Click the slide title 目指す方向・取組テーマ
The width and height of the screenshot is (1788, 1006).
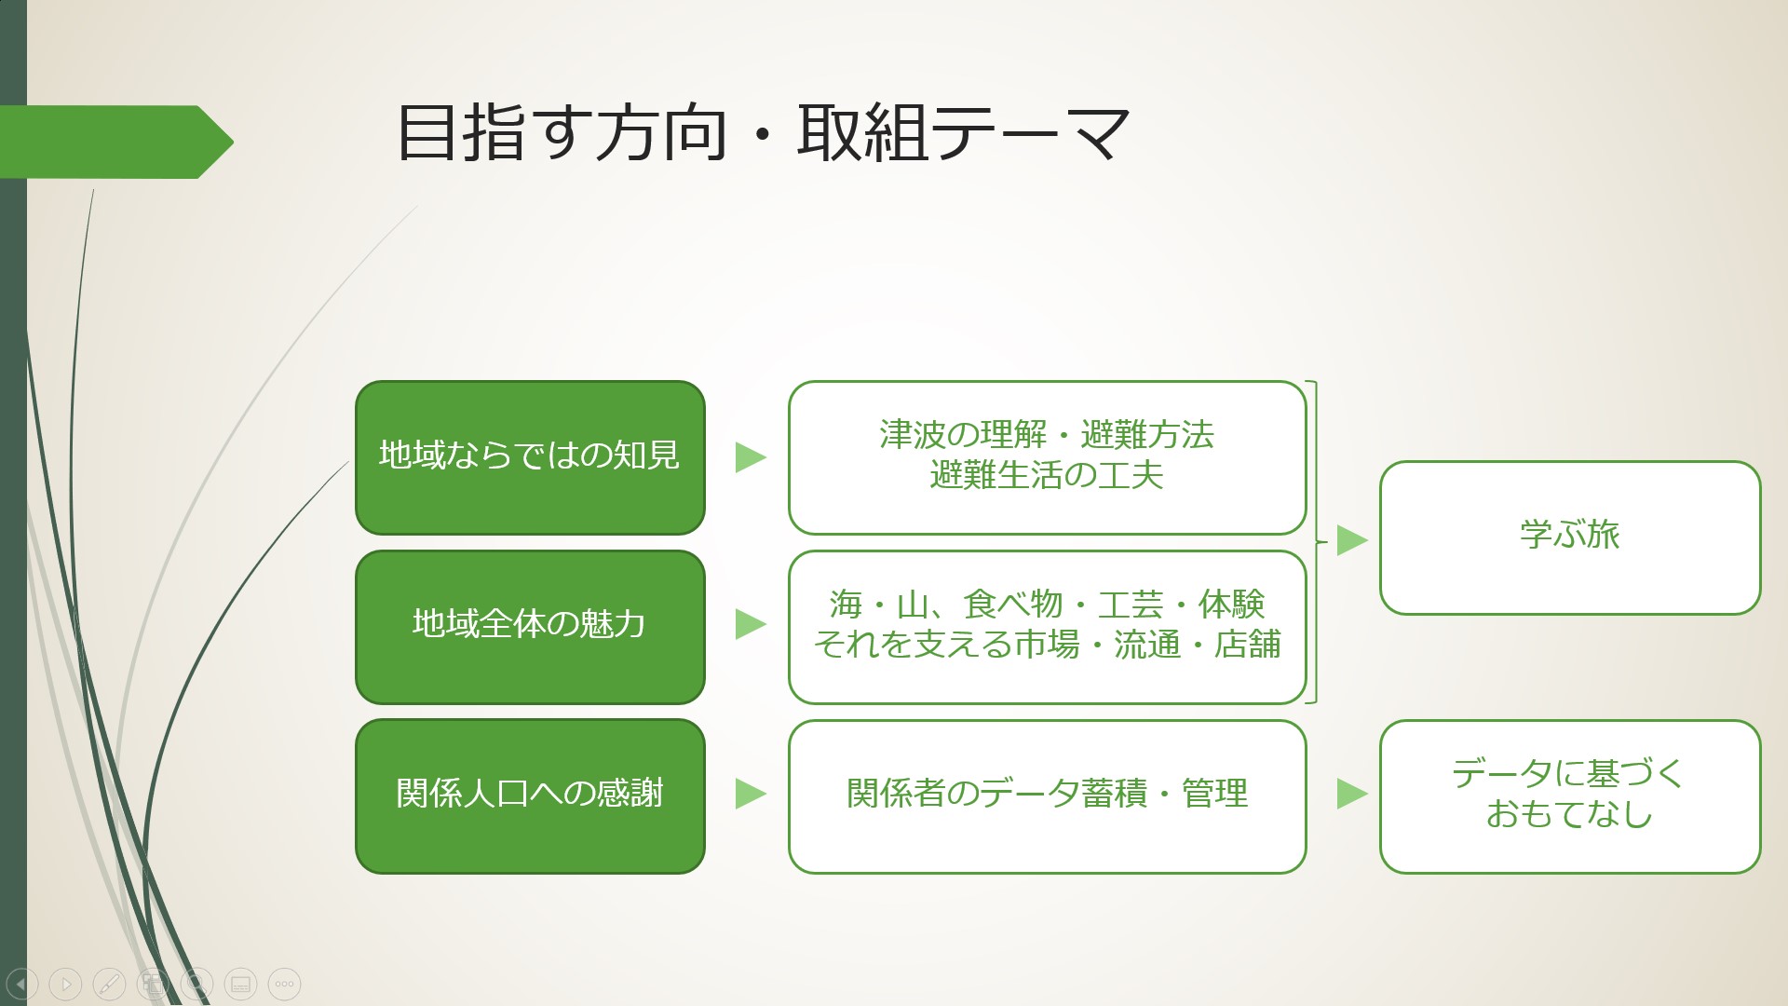click(x=763, y=132)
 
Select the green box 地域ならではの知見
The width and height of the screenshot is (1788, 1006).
click(x=530, y=457)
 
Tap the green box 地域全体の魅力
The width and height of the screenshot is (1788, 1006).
click(x=530, y=627)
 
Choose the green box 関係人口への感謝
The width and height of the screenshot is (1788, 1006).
click(x=530, y=796)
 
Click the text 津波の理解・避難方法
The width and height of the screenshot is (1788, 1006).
click(x=1047, y=435)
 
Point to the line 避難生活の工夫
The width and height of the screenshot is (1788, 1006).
click(x=1047, y=476)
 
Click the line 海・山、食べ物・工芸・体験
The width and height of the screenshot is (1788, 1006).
click(x=1047, y=605)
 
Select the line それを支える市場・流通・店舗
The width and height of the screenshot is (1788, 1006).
click(x=1047, y=645)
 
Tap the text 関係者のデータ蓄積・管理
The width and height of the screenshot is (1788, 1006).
click(x=1047, y=794)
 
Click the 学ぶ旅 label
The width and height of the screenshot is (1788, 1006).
click(x=1570, y=535)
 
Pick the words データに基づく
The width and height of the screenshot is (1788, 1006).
click(x=1570, y=773)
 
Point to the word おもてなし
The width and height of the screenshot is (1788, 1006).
click(x=1570, y=814)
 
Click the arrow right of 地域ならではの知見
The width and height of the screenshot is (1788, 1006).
click(x=751, y=457)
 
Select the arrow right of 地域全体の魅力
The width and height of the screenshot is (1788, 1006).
click(x=751, y=624)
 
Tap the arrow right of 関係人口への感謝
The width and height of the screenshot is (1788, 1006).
click(x=751, y=794)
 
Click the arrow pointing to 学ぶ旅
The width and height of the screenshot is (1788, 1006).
click(x=1352, y=540)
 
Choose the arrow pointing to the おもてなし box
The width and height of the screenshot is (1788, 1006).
click(x=1352, y=794)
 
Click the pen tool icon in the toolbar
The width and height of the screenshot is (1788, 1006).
click(x=109, y=984)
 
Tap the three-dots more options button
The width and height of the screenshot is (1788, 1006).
click(x=285, y=984)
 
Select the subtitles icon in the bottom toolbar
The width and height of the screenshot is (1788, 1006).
click(x=241, y=984)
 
